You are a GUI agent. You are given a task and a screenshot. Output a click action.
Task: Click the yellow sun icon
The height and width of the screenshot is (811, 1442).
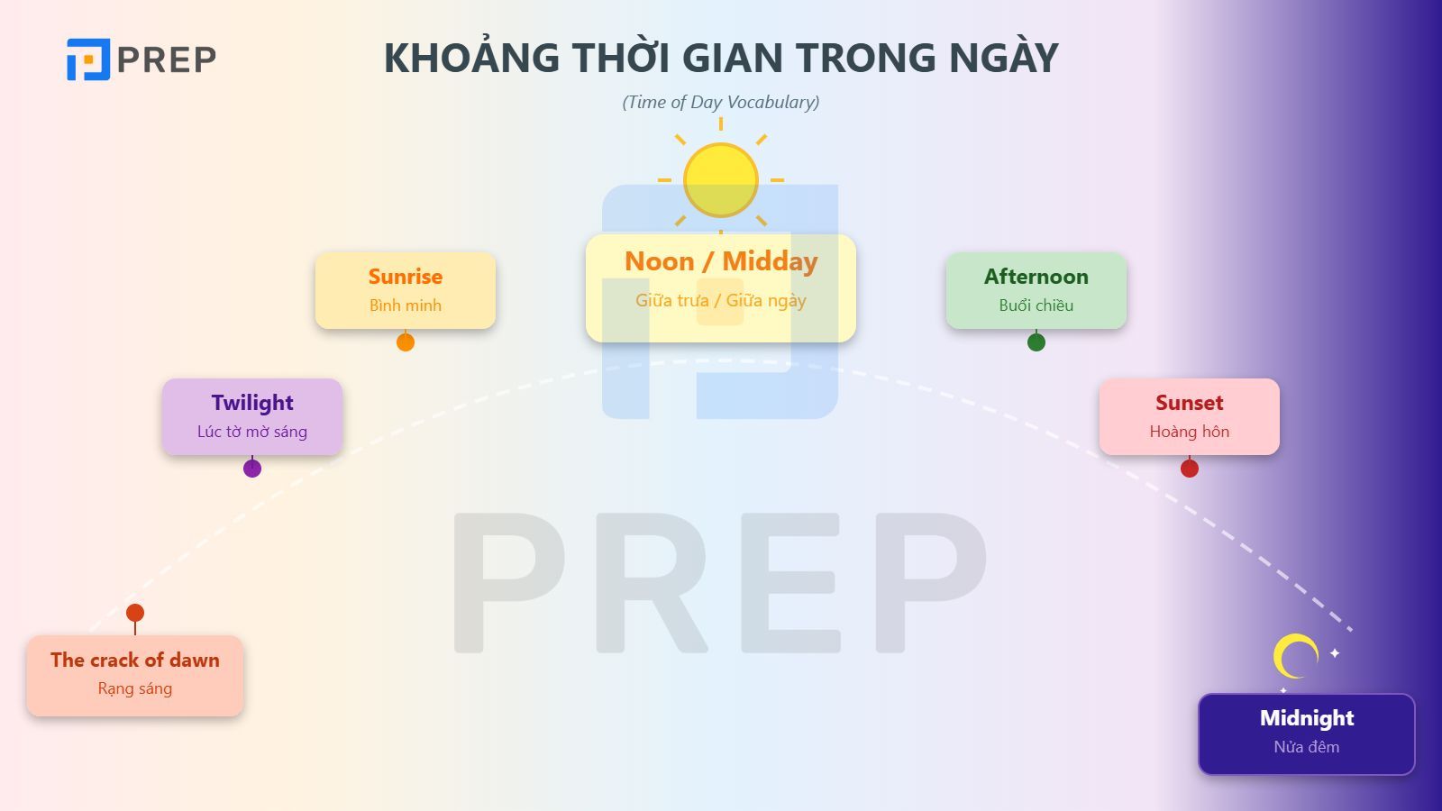[720, 180]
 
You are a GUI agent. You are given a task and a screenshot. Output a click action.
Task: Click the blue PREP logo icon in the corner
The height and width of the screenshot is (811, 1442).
[88, 59]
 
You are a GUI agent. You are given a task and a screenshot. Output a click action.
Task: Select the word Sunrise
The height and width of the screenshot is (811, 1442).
[405, 277]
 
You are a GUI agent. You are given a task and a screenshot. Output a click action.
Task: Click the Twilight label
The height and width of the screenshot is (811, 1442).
[252, 403]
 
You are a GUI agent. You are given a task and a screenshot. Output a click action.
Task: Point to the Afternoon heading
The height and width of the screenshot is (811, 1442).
[1036, 277]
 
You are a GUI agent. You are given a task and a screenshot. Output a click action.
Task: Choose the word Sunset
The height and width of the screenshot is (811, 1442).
[1189, 403]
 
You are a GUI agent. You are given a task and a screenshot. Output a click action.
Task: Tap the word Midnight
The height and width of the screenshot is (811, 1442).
[1306, 718]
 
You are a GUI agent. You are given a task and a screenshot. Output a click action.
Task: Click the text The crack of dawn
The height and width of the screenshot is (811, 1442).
[135, 660]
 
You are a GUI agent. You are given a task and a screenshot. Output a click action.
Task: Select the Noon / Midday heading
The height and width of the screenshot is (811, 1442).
[721, 261]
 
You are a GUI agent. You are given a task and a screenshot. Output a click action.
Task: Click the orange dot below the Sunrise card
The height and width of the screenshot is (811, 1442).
[406, 342]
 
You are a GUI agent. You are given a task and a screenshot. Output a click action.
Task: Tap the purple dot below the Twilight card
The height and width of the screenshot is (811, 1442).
[252, 469]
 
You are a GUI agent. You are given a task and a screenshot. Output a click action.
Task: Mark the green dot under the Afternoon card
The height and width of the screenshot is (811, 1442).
[1036, 342]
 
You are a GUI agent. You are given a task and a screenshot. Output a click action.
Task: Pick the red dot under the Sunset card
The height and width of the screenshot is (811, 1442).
[1190, 469]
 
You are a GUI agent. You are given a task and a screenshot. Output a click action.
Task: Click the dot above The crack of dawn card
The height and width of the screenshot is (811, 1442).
[135, 613]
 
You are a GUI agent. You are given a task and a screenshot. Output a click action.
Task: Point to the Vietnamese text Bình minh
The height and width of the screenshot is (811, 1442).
[405, 305]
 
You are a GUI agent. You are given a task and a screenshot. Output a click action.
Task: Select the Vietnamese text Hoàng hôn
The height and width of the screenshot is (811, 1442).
[1189, 432]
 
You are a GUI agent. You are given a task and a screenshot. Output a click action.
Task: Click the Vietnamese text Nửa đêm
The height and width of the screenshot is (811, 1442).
[1306, 747]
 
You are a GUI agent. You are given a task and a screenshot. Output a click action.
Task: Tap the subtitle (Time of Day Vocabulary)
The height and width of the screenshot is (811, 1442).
[721, 103]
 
